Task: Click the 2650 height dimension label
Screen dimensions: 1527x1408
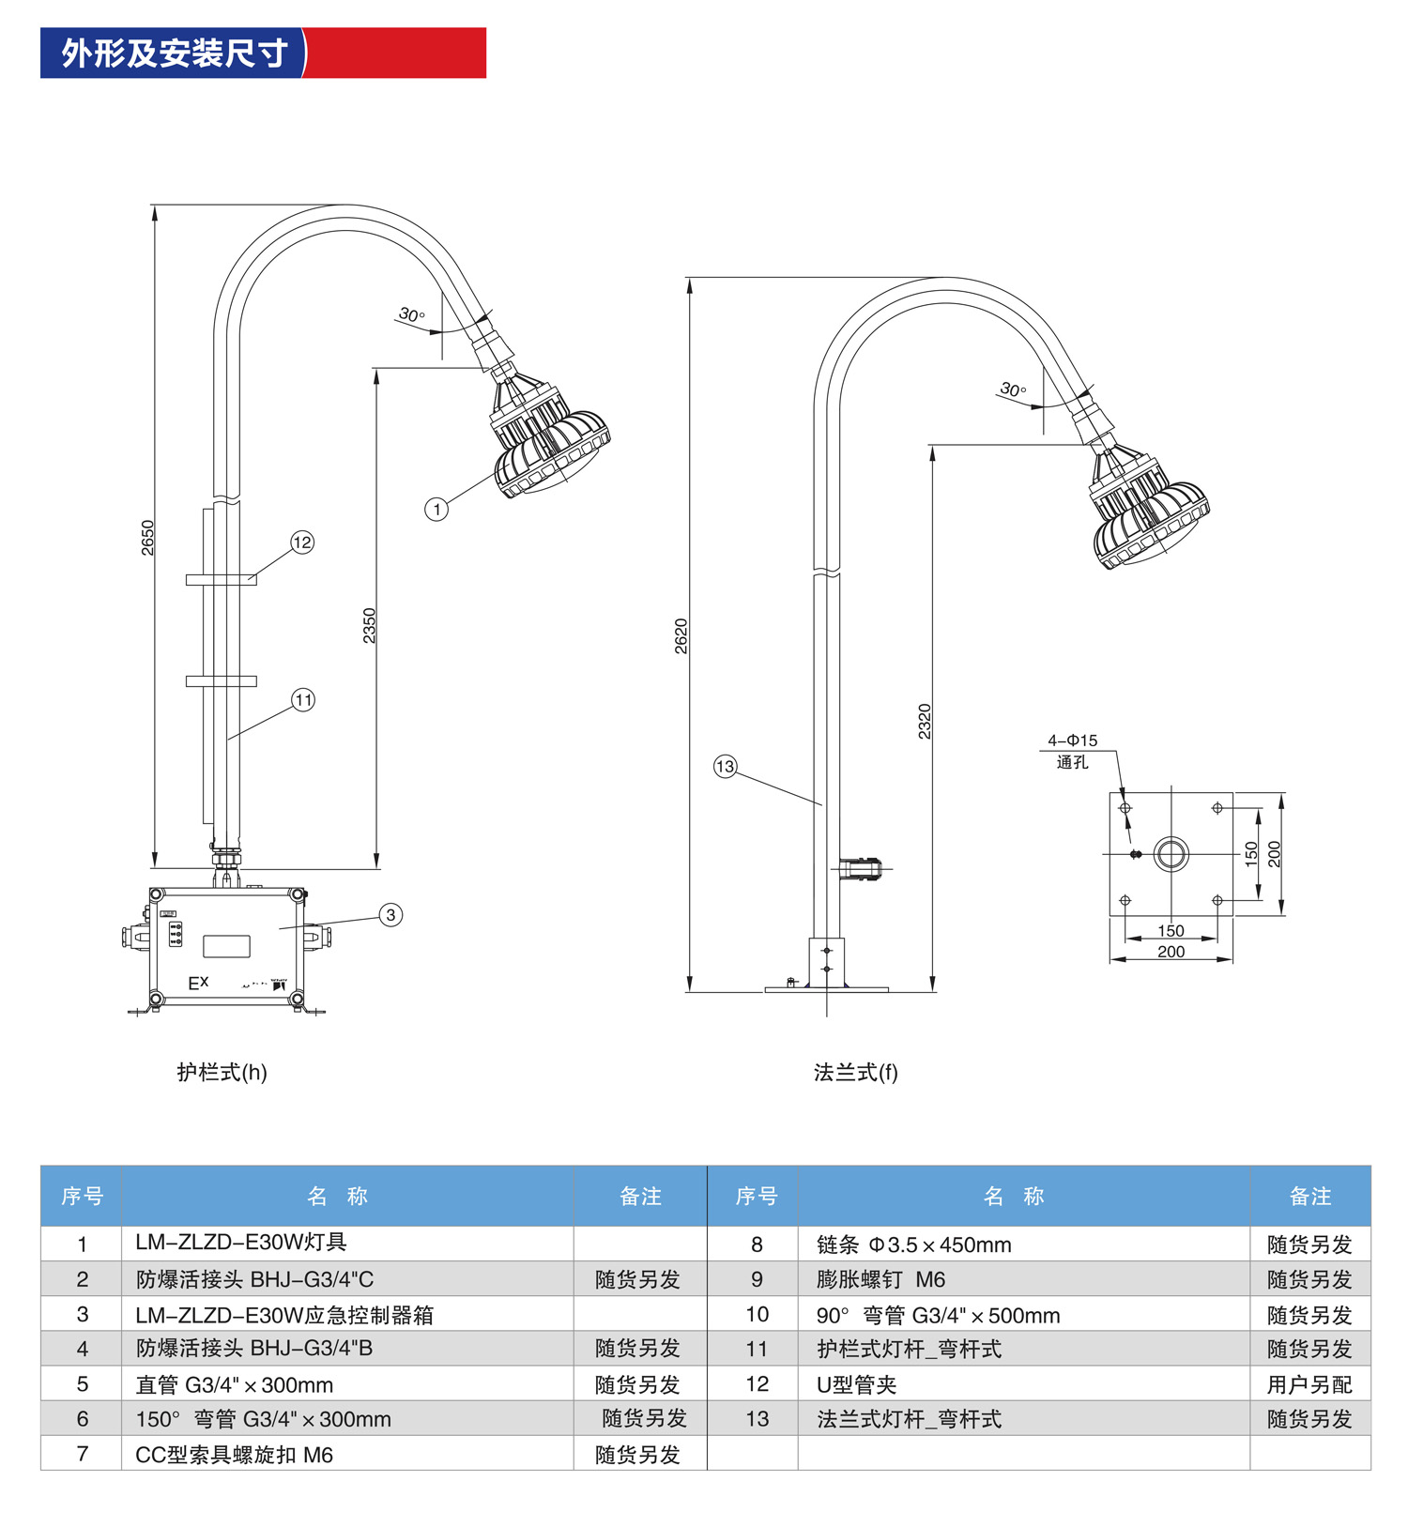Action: (147, 538)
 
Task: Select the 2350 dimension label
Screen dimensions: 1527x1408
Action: (369, 625)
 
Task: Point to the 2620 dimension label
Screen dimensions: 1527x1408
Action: (681, 636)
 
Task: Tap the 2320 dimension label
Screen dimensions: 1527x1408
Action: (925, 721)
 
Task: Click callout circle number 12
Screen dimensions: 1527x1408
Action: (302, 542)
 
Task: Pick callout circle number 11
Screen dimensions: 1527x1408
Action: (303, 700)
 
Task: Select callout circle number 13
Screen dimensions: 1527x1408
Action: (726, 767)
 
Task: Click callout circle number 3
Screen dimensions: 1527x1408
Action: (391, 915)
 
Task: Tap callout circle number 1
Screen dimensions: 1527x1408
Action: (436, 510)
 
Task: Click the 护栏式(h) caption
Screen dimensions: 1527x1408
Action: (222, 1072)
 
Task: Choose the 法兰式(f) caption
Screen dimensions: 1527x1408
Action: (855, 1072)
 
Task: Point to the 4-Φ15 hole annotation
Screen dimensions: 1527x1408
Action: (1072, 741)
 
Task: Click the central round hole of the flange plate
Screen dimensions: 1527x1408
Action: (1171, 854)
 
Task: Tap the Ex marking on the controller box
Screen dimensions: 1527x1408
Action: (198, 983)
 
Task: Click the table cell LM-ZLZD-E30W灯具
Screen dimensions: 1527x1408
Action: (241, 1243)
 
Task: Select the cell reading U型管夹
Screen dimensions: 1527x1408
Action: (856, 1384)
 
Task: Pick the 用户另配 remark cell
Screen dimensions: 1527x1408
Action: (1309, 1384)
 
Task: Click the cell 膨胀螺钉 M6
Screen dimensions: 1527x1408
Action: (880, 1279)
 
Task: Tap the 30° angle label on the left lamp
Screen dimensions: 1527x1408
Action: (411, 314)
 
